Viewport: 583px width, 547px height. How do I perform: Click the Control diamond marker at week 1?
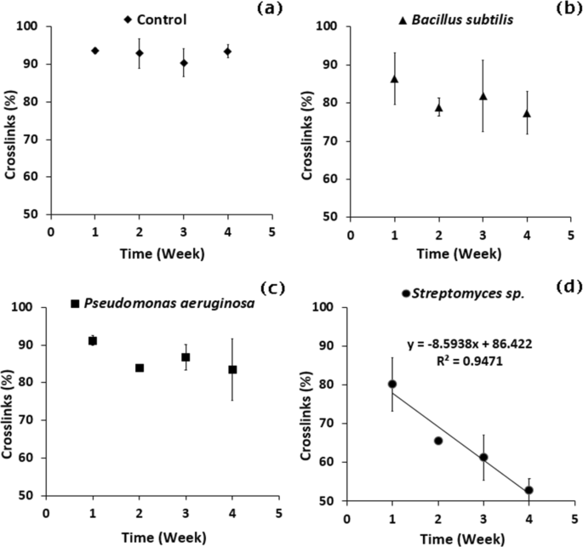pos(94,51)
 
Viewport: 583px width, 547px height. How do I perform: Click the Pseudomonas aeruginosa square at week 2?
pos(139,368)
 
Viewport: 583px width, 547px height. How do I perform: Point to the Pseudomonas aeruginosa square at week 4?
pos(232,370)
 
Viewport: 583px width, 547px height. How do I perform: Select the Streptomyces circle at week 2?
pos(437,441)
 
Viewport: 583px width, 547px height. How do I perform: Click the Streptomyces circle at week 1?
pos(392,385)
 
